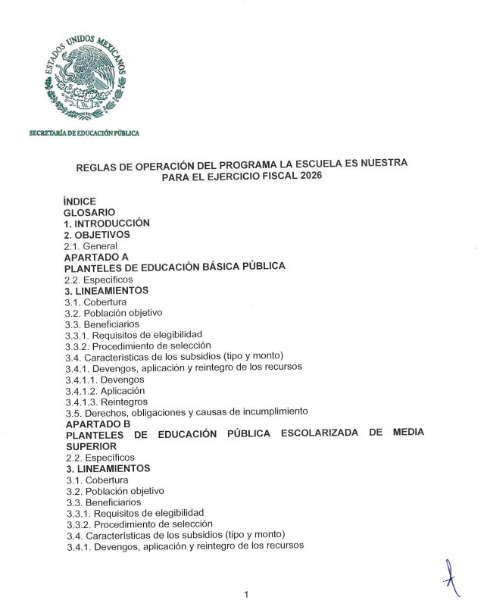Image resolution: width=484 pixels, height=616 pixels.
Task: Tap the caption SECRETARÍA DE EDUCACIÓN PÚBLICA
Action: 84,134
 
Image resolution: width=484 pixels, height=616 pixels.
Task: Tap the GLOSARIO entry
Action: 90,213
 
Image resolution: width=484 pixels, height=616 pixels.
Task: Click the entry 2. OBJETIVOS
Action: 97,235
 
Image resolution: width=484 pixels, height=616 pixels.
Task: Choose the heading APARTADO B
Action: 98,423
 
